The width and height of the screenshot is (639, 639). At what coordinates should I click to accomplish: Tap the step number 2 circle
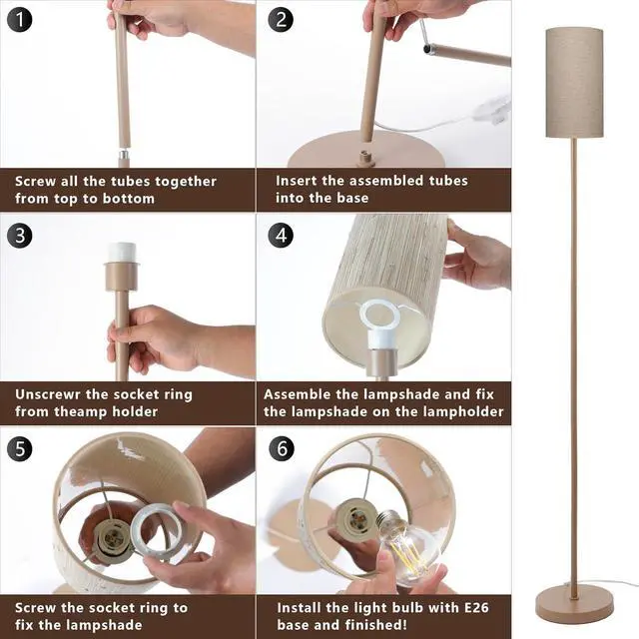point(282,19)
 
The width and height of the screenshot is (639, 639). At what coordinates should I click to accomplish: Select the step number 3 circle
point(19,236)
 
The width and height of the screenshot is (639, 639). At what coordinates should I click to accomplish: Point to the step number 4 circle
point(282,236)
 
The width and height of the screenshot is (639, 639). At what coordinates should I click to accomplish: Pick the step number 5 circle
point(19,448)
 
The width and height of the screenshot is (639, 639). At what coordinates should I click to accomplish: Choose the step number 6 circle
point(282,448)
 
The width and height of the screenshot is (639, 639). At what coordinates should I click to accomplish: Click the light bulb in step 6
point(409,543)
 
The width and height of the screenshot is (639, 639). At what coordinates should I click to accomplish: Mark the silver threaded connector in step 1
point(123,156)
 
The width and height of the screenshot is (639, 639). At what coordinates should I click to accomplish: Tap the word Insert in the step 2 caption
point(298,181)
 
